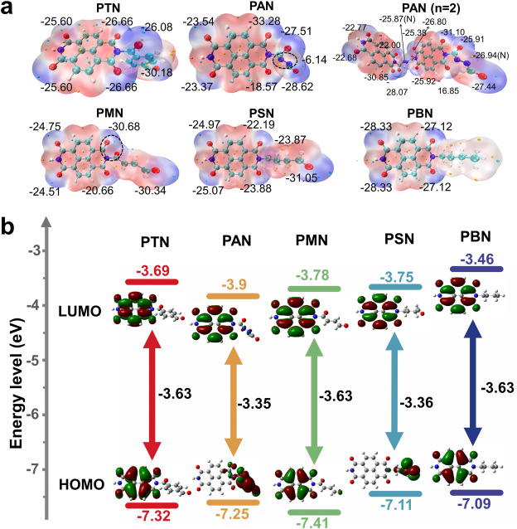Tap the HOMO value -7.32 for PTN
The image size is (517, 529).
(151, 516)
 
